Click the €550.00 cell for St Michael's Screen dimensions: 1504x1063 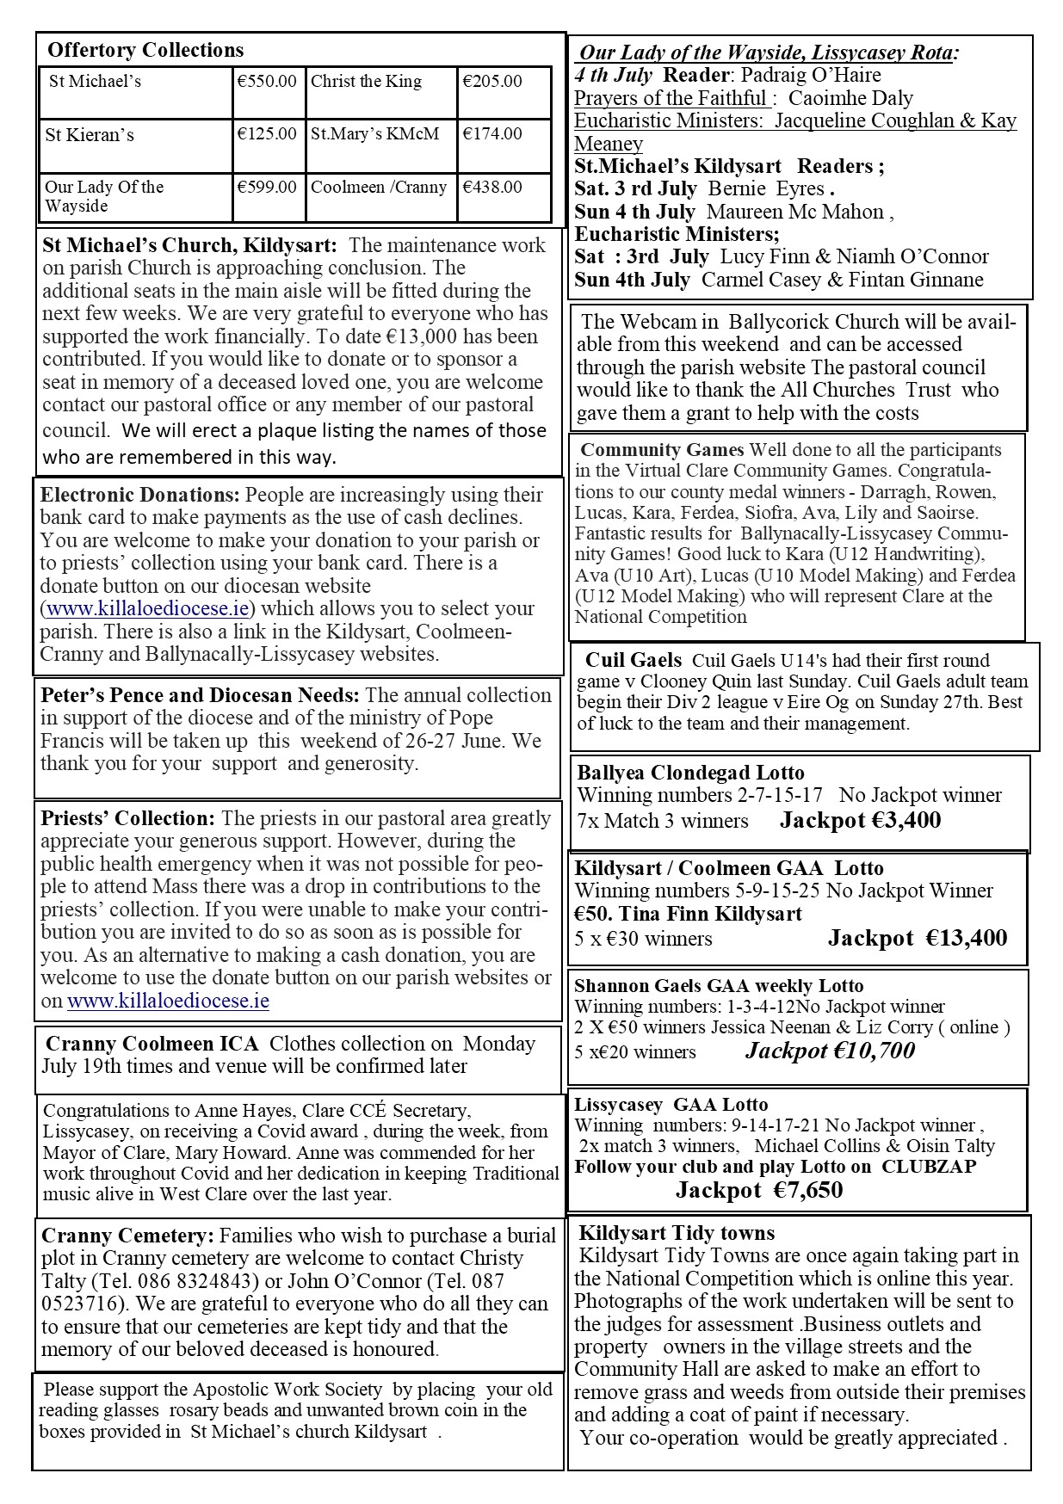pos(267,82)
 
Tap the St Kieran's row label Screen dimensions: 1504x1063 pos(90,135)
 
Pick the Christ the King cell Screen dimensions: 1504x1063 pos(366,82)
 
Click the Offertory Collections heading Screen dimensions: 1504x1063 pos(145,50)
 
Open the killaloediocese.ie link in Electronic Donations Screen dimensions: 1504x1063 pos(149,608)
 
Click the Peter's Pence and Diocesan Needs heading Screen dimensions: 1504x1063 pos(200,695)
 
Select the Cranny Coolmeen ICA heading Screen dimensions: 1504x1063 pos(151,1044)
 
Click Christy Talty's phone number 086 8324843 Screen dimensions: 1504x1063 pos(171,1281)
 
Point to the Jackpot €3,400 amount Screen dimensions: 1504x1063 pos(860,821)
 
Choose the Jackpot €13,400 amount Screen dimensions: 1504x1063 pos(917,938)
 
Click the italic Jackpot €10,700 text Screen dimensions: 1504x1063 pos(830,1051)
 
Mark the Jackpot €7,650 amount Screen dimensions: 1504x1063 pos(758,1190)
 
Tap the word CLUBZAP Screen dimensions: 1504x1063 pos(927,1167)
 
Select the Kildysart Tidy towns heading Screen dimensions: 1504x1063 pos(677,1233)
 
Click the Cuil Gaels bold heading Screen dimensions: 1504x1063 pos(633,661)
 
